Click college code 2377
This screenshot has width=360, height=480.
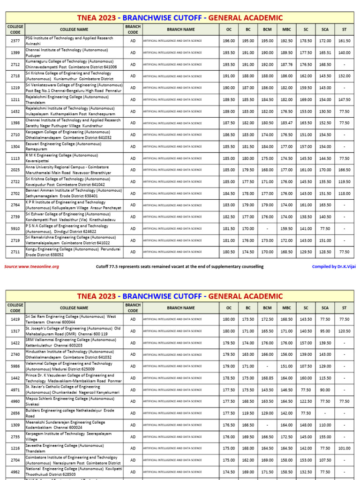pos(15,41)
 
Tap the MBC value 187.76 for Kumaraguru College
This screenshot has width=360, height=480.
pos(286,65)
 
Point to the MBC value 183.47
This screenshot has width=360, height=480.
pos(286,123)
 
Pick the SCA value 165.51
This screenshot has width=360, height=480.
pos(325,53)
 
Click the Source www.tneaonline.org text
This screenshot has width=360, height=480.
pos(31,267)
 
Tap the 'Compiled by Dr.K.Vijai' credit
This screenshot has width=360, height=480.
pos(333,267)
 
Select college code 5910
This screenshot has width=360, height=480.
pos(15,228)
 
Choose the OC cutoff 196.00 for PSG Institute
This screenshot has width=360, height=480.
pos(229,41)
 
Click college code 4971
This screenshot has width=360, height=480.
pos(15,390)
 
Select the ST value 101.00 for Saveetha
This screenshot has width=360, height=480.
pos(345,448)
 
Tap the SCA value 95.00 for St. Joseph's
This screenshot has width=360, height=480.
pos(325,331)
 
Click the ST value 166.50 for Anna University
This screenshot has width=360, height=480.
pos(345,170)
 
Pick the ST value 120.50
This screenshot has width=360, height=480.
pos(345,331)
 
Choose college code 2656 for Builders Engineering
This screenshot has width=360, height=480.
pos(15,413)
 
